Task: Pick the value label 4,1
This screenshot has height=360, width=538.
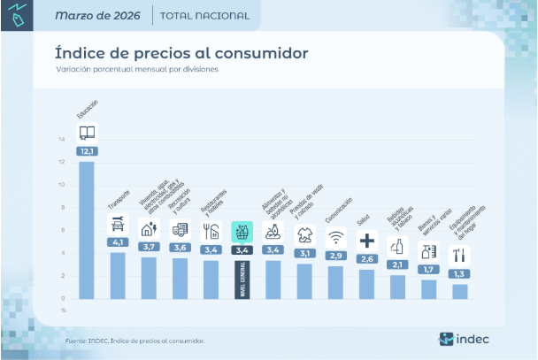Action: [x=118, y=242]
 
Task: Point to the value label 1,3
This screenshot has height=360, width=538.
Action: [x=459, y=274]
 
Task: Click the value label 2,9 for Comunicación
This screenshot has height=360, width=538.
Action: [x=335, y=256]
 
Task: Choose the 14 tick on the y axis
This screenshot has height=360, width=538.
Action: [x=62, y=140]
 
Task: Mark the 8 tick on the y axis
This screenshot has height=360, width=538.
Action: [x=62, y=208]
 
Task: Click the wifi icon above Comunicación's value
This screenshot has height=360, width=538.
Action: [x=335, y=237]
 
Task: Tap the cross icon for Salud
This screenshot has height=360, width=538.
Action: [x=366, y=241]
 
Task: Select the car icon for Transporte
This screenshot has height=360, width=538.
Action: [x=118, y=225]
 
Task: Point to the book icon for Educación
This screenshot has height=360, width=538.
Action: [x=87, y=134]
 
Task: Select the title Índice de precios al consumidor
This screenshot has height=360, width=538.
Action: [x=181, y=53]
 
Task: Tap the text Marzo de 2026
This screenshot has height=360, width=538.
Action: [x=102, y=16]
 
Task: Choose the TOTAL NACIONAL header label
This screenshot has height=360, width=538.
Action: [x=204, y=16]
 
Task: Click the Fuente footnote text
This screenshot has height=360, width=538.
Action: [x=134, y=340]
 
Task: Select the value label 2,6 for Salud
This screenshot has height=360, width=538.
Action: [x=366, y=259]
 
